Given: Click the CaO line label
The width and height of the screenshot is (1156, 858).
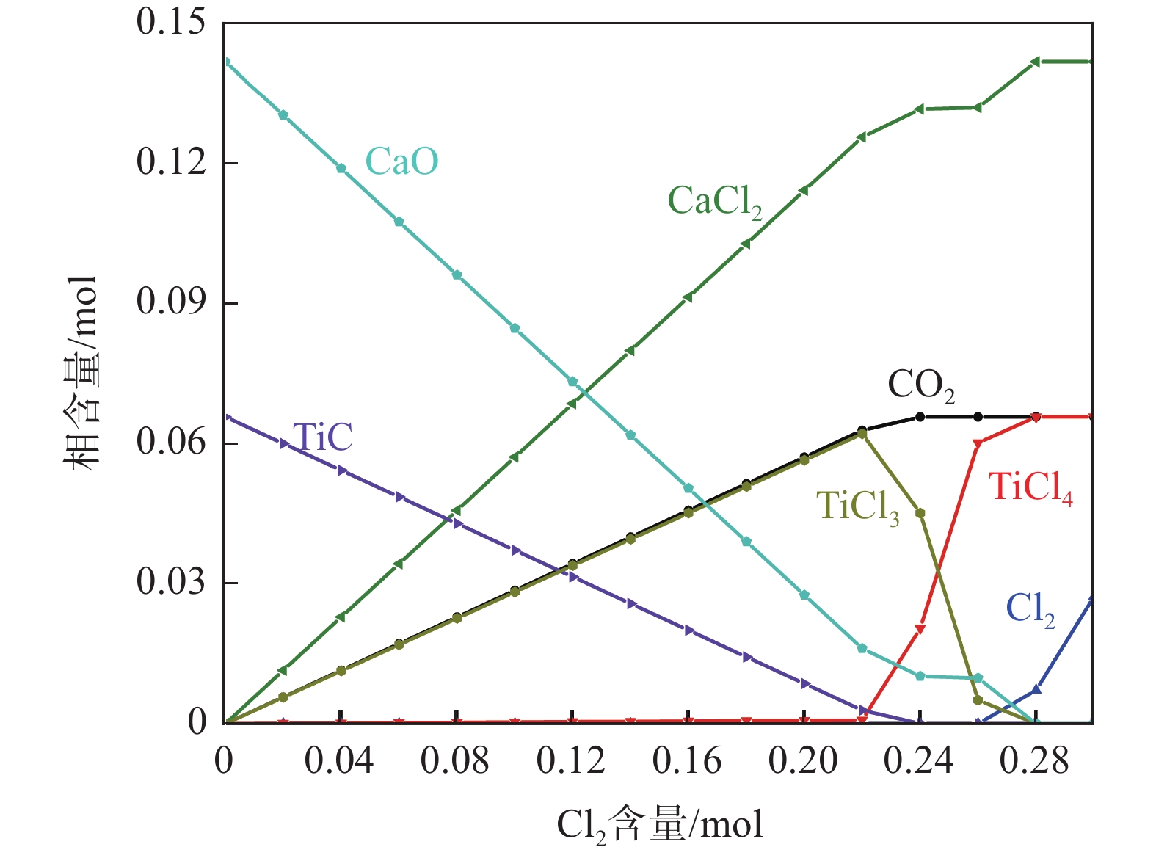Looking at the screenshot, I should coord(401,161).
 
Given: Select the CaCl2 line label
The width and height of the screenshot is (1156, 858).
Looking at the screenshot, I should coord(714,201).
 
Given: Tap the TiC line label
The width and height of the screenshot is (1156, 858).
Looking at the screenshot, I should coord(322,437).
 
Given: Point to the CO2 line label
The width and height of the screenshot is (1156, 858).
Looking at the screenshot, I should coord(921,385).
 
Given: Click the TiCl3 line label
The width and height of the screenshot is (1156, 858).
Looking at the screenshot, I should coord(857,506).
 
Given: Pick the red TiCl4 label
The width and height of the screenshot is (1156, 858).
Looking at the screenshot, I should coord(1030,487).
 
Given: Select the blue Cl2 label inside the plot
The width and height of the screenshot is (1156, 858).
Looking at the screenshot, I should coord(1030,609).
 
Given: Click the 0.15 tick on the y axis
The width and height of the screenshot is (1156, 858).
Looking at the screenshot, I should coord(170,22).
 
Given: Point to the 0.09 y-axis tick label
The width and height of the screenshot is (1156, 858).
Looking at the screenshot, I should coord(170,302).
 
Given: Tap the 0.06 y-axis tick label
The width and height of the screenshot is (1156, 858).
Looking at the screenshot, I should coord(170,443).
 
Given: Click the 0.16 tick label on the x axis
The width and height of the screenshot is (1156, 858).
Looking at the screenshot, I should coord(687,761).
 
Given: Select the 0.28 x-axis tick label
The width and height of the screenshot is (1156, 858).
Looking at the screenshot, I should coord(1034,761).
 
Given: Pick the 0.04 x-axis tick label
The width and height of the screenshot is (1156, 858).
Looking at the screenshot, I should coord(339,761).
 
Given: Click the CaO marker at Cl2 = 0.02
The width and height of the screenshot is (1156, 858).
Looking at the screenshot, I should coord(283,114).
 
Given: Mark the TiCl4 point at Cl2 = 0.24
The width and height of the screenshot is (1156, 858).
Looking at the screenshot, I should coord(920,629).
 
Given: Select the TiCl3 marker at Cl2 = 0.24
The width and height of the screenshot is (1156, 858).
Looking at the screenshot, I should coord(920,512).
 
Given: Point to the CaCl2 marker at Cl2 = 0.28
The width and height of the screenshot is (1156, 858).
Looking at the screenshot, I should coord(1035,62).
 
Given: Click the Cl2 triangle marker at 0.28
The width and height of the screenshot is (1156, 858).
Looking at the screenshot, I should coord(1036,689).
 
